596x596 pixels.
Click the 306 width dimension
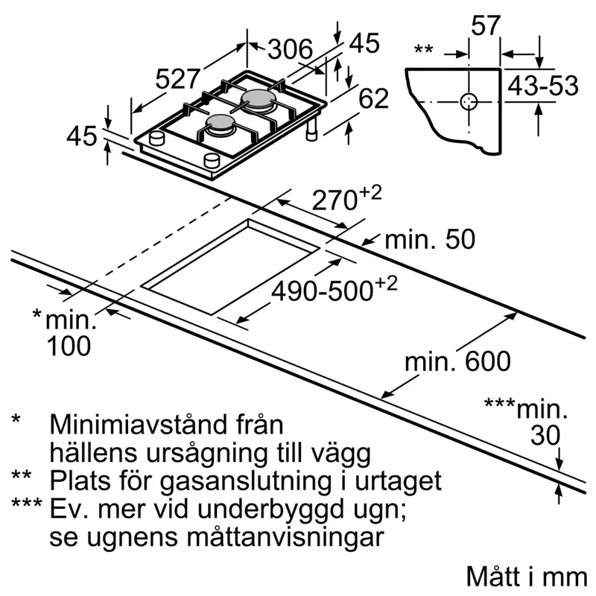pyautogui.click(x=290, y=48)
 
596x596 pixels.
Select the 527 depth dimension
pyautogui.click(x=177, y=79)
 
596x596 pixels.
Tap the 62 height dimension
pyautogui.click(x=374, y=98)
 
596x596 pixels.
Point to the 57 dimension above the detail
pyautogui.click(x=486, y=26)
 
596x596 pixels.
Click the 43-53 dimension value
pyautogui.click(x=543, y=86)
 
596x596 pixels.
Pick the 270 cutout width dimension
pyautogui.click(x=346, y=199)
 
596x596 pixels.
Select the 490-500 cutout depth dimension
pyautogui.click(x=334, y=290)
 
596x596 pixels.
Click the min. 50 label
pyautogui.click(x=430, y=239)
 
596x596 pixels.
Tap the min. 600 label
pyautogui.click(x=457, y=361)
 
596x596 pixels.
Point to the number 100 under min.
pyautogui.click(x=69, y=346)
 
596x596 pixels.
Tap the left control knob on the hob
pyautogui.click(x=156, y=138)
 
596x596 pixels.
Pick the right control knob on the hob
pyautogui.click(x=212, y=161)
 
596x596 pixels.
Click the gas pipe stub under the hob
pyautogui.click(x=311, y=128)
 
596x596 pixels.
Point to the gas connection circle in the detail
pyautogui.click(x=469, y=102)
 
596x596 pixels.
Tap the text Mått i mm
pyautogui.click(x=527, y=577)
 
